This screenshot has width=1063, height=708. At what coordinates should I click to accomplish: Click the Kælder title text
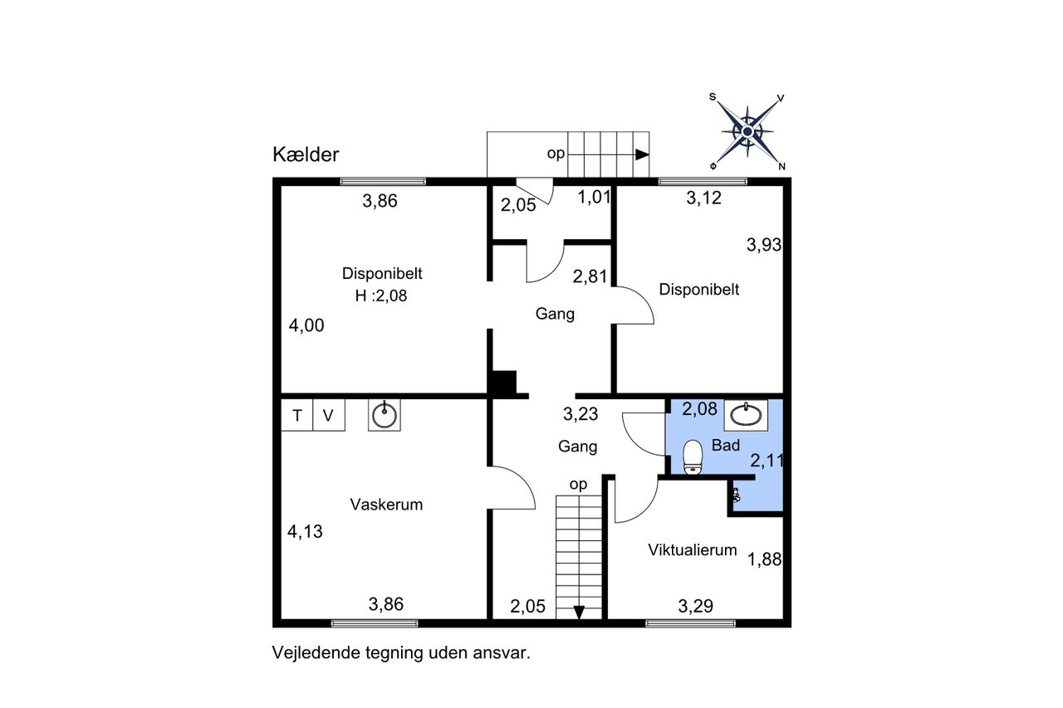[306, 154]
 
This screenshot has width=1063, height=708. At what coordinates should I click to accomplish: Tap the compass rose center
[747, 131]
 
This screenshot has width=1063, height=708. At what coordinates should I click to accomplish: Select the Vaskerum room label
[386, 504]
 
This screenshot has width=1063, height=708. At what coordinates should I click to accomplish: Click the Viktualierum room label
[693, 549]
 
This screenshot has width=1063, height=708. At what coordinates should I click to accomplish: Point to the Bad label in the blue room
[726, 445]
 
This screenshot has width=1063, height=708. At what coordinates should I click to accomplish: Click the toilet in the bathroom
[693, 457]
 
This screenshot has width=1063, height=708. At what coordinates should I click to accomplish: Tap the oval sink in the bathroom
[746, 415]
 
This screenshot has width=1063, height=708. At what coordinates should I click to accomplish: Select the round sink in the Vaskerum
[385, 415]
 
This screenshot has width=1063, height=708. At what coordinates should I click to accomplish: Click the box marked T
[297, 415]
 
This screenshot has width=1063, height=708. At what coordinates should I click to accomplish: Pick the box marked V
[329, 415]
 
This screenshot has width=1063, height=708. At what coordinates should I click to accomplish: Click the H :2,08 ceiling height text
[381, 296]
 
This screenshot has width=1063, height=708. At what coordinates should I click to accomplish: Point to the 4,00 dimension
[306, 325]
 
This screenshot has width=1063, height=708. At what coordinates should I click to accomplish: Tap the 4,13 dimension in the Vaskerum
[305, 531]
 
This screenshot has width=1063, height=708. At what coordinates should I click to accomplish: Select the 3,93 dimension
[764, 245]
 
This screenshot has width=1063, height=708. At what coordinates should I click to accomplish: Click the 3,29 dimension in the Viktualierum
[696, 606]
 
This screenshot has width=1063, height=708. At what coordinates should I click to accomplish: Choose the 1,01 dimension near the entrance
[594, 197]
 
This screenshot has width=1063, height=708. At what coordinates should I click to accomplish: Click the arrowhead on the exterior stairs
[642, 154]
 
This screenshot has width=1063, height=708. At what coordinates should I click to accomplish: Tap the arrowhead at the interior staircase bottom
[579, 613]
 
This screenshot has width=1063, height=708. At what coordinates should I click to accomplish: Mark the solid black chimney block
[504, 382]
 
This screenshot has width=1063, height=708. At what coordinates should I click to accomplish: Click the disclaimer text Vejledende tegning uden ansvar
[401, 653]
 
